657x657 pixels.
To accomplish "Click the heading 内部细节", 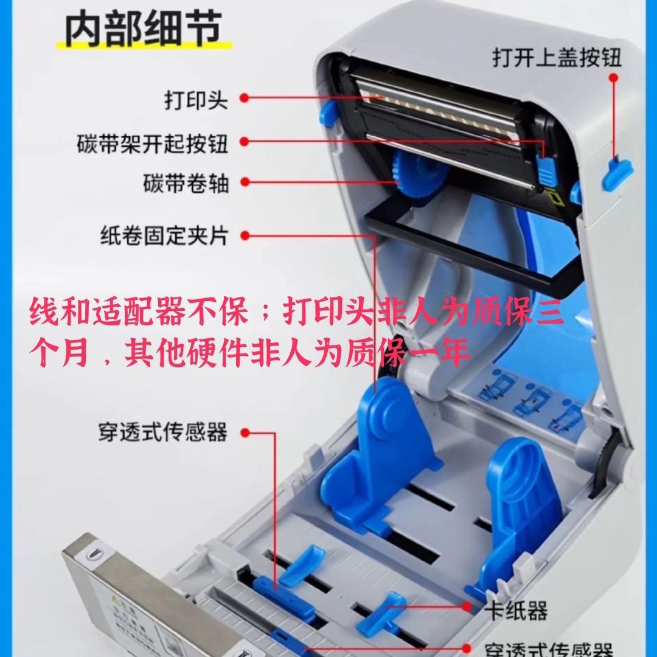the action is pos(144,29).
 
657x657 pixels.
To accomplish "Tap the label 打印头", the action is pos(196,100).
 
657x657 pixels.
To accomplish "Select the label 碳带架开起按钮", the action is pos(153,144).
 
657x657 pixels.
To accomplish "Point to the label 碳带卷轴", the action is pos(186,183).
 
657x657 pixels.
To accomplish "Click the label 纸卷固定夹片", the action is pos(164,235).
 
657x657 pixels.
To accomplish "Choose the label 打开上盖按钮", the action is pos(557,57).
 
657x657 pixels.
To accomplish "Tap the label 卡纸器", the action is pos(516,611).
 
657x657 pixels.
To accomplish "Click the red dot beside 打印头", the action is pos(245,98).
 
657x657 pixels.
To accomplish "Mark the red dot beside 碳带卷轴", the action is pos(245,182).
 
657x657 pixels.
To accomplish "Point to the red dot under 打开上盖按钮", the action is pos(614,78).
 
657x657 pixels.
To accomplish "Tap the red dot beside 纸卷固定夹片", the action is pos(245,235).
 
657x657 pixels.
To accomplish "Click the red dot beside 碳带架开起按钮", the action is pos(245,142).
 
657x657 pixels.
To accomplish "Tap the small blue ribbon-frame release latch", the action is pos(546,171).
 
